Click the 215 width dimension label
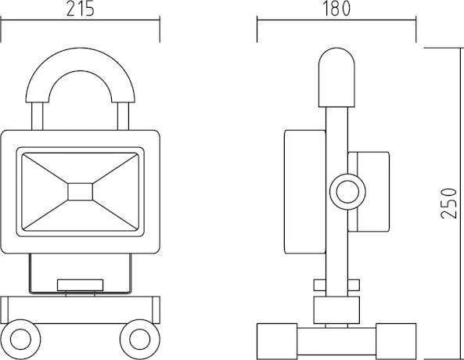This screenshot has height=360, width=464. [80, 9]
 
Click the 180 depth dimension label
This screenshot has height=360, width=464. [336, 9]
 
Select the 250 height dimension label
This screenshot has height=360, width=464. [448, 203]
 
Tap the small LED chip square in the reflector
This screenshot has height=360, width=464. [80, 192]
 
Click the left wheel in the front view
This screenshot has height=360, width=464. [20, 340]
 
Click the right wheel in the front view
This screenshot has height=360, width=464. [140, 340]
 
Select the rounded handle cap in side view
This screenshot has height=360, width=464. [336, 77]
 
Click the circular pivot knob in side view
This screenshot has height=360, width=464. [347, 192]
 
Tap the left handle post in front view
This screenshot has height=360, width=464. [37, 117]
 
